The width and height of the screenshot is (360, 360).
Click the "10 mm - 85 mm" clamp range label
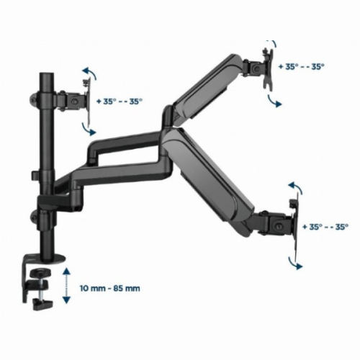[110, 288]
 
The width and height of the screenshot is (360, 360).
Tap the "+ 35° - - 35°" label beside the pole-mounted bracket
[120, 102]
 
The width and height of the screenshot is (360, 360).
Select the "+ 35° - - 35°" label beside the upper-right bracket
[301, 66]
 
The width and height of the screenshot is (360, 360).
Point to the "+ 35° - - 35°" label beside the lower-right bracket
[325, 227]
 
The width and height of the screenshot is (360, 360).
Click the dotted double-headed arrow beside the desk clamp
[67, 286]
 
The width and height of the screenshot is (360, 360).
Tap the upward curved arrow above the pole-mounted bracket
[90, 73]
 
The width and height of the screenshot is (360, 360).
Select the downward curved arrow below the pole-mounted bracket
[89, 130]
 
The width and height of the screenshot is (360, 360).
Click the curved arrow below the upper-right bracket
[274, 102]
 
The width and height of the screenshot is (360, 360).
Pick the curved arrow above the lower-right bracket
[295, 187]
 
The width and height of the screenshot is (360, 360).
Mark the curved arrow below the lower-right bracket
[294, 264]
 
